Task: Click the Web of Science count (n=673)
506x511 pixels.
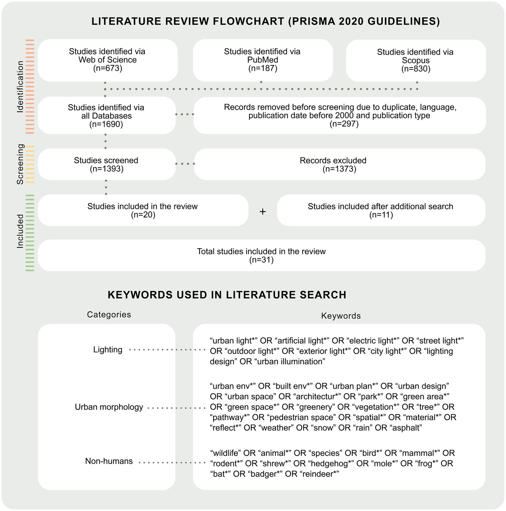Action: [x=107, y=69]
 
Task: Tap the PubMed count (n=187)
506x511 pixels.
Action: [x=262, y=69]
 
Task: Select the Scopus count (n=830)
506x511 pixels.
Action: [x=416, y=69]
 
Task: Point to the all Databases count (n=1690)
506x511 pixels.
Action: [x=106, y=125]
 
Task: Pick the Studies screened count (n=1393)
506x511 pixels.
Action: [x=106, y=169]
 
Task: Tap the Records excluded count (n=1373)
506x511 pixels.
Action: [x=340, y=169]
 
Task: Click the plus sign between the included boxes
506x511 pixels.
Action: [x=263, y=212]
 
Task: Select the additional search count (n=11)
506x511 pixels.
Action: [x=381, y=215]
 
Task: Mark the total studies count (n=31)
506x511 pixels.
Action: [x=261, y=260]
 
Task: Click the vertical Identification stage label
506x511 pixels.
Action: [x=20, y=87]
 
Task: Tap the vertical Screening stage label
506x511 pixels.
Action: [x=20, y=164]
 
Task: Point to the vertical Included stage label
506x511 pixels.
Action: [x=20, y=231]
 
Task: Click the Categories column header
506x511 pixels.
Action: [x=109, y=315]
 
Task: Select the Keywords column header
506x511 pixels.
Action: [x=341, y=316]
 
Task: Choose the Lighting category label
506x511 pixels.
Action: [x=108, y=350]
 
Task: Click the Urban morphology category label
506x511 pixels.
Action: [x=109, y=407]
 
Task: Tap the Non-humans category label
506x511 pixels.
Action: [x=109, y=461]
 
